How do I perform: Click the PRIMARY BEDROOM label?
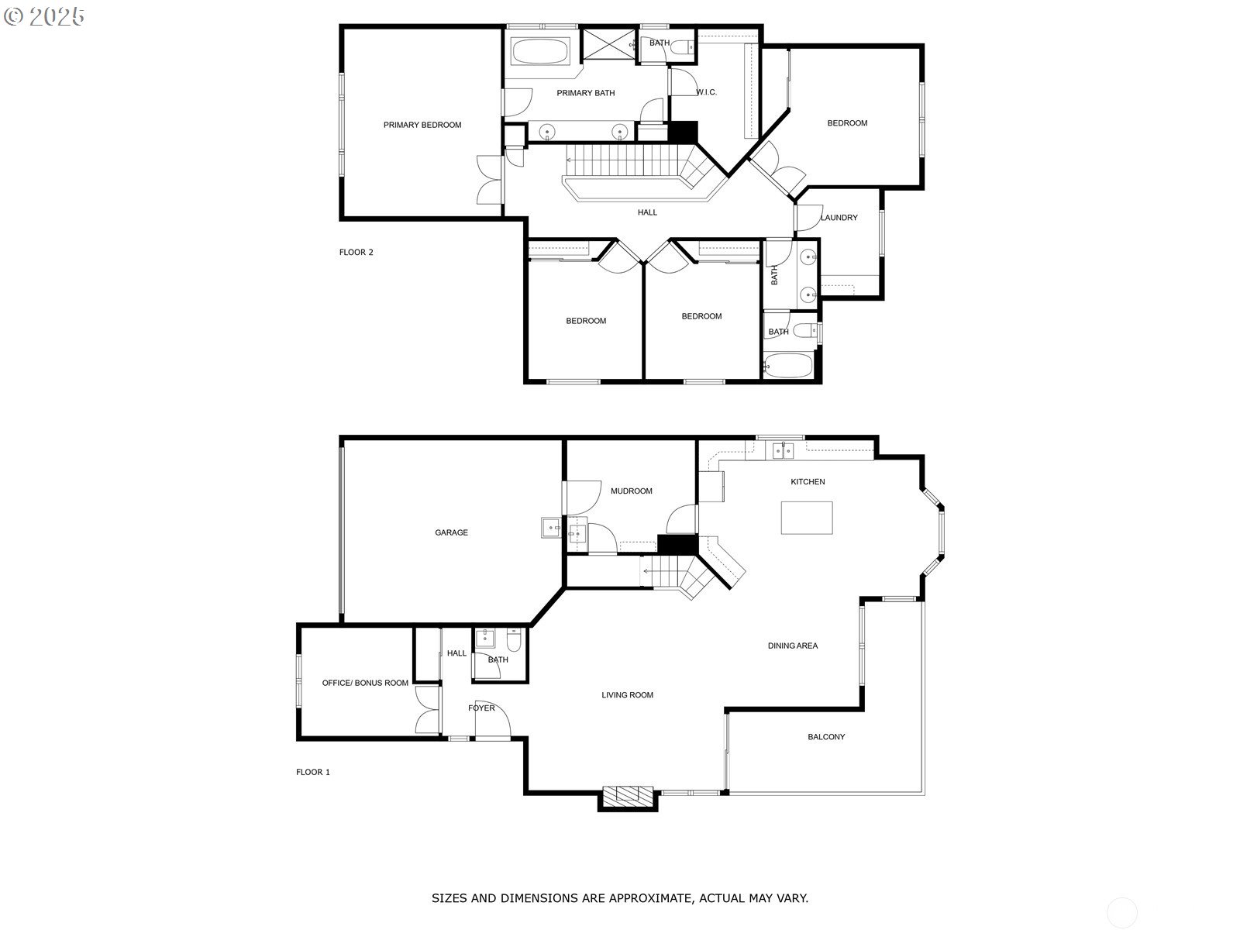click(422, 125)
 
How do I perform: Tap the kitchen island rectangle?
click(807, 518)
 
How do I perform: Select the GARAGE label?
click(451, 532)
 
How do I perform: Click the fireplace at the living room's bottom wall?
click(628, 797)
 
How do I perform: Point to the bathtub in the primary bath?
click(540, 53)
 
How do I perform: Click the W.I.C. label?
click(706, 92)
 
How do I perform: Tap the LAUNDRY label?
click(839, 218)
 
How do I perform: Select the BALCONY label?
click(826, 737)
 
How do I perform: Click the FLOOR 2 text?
click(356, 252)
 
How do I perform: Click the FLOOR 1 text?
click(313, 772)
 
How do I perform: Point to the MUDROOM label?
click(631, 491)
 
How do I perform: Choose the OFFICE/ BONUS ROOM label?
click(365, 683)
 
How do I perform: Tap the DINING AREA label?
click(792, 646)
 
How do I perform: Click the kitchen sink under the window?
click(782, 450)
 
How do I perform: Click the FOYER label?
click(481, 708)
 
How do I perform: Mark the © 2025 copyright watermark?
click(44, 16)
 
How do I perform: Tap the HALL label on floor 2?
click(647, 212)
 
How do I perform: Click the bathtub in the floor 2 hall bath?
click(789, 365)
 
